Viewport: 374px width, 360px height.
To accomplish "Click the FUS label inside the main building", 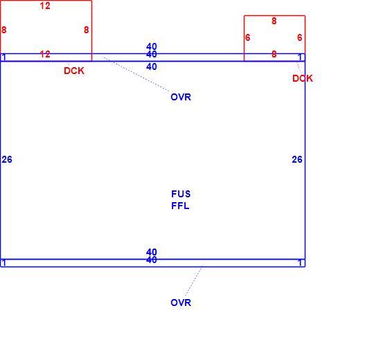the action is pyautogui.click(x=181, y=194).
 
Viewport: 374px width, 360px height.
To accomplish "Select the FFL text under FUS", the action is pyautogui.click(x=180, y=206).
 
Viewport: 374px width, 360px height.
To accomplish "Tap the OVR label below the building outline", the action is pyautogui.click(x=181, y=303).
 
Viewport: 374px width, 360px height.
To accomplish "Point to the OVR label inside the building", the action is pyautogui.click(x=181, y=97).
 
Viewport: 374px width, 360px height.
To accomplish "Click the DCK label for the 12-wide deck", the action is pyautogui.click(x=74, y=71).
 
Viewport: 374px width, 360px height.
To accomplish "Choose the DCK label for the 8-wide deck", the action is pyautogui.click(x=303, y=78).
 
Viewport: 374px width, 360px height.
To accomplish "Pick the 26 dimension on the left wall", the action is pyautogui.click(x=7, y=159).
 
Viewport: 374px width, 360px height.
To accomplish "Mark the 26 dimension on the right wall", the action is pyautogui.click(x=297, y=159).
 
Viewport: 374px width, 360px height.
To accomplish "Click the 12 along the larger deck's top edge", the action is pyautogui.click(x=45, y=6).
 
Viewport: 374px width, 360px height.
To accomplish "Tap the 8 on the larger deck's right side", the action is pyautogui.click(x=87, y=30).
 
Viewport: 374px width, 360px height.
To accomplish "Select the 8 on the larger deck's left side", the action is pyautogui.click(x=4, y=30).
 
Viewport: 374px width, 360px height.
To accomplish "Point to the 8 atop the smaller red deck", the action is pyautogui.click(x=274, y=21).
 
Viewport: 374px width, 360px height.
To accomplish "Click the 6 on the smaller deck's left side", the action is pyautogui.click(x=247, y=37).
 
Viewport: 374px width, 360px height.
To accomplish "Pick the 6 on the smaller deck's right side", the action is pyautogui.click(x=300, y=37).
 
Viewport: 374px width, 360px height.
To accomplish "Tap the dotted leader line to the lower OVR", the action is pyautogui.click(x=194, y=281).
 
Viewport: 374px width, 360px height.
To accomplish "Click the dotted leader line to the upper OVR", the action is pyautogui.click(x=136, y=74).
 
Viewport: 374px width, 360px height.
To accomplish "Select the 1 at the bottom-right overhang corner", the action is pyautogui.click(x=301, y=263).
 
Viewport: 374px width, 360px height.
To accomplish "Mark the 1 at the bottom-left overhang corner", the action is pyautogui.click(x=4, y=263).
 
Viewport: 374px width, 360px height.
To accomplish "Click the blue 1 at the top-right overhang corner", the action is pyautogui.click(x=301, y=57).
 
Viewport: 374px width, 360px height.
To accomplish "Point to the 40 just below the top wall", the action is pyautogui.click(x=152, y=66).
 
